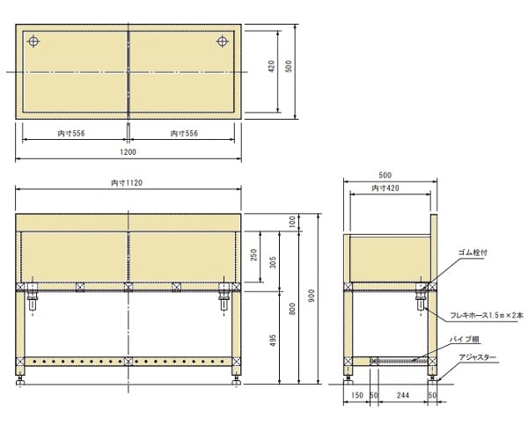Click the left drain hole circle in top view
coord(33,41)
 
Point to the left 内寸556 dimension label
coord(71,134)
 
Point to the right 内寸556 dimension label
coord(184,134)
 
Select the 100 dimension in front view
coord(294,221)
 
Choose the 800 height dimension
coord(294,307)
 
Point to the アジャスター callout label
coord(477,357)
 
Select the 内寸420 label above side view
coord(385,188)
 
